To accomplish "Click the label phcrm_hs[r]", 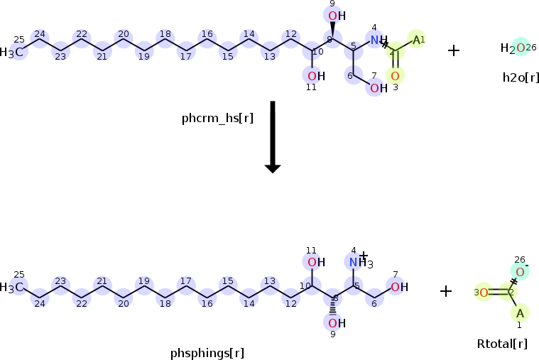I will coord(217,118).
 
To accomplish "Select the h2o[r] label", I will coord(520,77).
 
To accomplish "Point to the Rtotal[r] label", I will coord(502,344).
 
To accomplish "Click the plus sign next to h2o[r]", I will coord(454,50).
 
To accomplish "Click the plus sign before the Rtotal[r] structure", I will coord(446,290).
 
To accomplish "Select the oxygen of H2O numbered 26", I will coord(521,48).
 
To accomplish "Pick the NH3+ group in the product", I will coord(358,263).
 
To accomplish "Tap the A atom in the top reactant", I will coord(417,39).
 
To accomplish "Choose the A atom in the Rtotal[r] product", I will coord(520,312).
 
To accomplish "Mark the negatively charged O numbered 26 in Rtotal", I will coord(520,272).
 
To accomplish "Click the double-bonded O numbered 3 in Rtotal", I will coord(483,292).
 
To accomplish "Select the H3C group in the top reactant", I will coord(12,53).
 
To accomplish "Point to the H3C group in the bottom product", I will coord(12,288).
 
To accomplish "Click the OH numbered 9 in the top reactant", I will coord(336,16).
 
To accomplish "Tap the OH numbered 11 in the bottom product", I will coord(316,262).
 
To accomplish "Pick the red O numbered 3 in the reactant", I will coord(395,75).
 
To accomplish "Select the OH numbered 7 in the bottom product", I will coord(399,287).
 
